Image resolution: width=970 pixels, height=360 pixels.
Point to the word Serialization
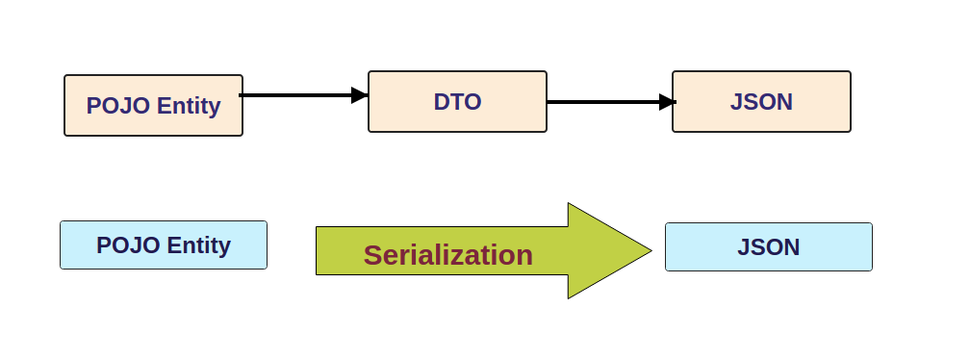(x=447, y=255)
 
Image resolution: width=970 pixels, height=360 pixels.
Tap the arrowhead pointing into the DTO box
(x=360, y=95)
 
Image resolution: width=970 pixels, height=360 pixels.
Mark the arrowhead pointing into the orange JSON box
(x=667, y=102)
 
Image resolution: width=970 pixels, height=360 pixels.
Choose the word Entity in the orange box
(x=189, y=106)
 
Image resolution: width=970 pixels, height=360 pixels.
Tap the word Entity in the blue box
(x=198, y=245)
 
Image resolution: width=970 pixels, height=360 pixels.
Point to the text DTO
(x=457, y=102)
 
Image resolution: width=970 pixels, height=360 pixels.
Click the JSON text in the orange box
(x=761, y=102)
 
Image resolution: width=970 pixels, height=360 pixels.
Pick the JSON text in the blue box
(x=768, y=247)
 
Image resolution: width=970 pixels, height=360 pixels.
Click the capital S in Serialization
(x=374, y=255)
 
